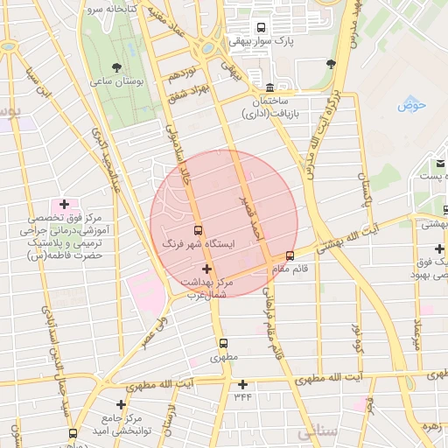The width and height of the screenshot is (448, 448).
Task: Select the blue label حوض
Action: click(x=410, y=106)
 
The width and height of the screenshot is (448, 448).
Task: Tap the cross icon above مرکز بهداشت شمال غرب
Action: click(x=206, y=269)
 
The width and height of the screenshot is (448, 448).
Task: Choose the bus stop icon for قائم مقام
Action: click(x=290, y=255)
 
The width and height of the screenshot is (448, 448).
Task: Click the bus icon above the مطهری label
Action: click(x=223, y=344)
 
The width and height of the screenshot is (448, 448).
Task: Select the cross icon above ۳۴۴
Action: click(x=242, y=384)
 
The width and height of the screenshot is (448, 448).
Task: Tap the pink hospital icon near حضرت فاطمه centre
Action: click(x=64, y=204)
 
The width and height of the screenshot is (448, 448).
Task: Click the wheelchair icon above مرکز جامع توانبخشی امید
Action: click(x=121, y=405)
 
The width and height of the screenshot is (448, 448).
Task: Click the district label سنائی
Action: click(x=316, y=432)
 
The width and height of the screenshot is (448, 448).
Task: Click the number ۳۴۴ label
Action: click(x=242, y=397)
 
